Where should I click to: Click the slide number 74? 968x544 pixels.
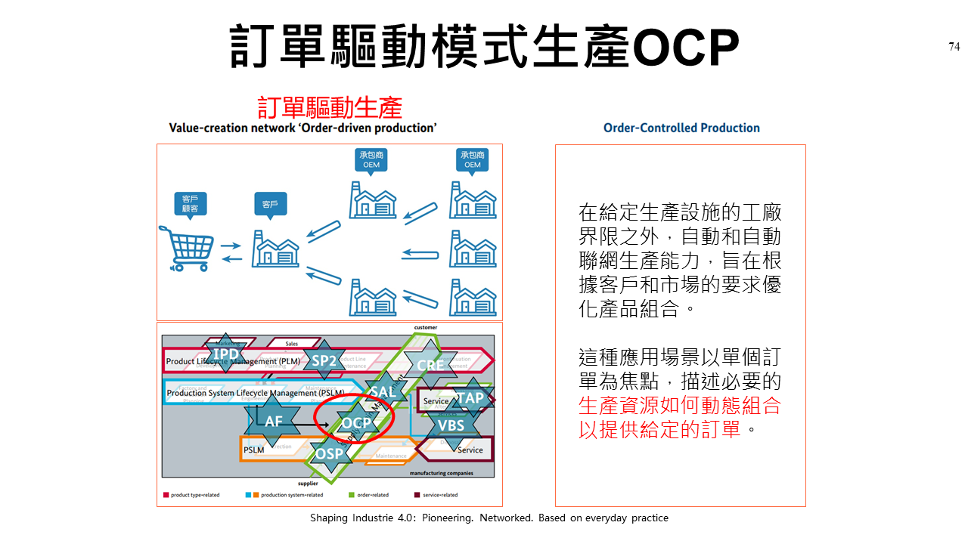pyautogui.click(x=954, y=47)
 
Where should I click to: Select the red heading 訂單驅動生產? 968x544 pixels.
pyautogui.click(x=329, y=107)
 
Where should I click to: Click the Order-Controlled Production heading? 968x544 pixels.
pyautogui.click(x=681, y=128)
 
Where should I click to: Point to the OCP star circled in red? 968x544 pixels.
pyautogui.click(x=355, y=422)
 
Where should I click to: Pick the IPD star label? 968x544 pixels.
pyautogui.click(x=225, y=354)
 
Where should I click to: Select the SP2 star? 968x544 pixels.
pyautogui.click(x=324, y=360)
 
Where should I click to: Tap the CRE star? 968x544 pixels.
pyautogui.click(x=430, y=365)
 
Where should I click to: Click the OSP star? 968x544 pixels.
pyautogui.click(x=330, y=454)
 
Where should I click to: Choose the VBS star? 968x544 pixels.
pyautogui.click(x=451, y=425)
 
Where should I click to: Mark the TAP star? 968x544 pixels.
pyautogui.click(x=470, y=398)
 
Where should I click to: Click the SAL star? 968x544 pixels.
pyautogui.click(x=383, y=391)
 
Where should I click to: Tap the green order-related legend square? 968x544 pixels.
pyautogui.click(x=351, y=495)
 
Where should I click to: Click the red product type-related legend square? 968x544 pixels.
pyautogui.click(x=166, y=495)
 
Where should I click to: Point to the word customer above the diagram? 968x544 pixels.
pyautogui.click(x=425, y=328)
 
